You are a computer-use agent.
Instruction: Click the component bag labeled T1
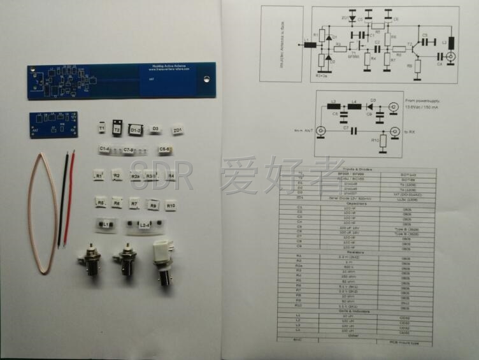(102, 128)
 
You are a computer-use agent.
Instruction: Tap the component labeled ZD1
(178, 131)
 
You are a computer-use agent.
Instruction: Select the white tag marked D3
(155, 129)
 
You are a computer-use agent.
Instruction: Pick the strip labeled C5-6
(164, 150)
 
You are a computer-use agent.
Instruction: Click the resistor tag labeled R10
(171, 206)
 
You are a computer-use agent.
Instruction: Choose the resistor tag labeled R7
(134, 204)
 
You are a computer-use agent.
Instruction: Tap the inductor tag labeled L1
(106, 225)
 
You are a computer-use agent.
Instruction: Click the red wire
(69, 198)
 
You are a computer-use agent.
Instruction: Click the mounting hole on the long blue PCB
(207, 79)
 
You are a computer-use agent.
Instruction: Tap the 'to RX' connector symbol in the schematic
(395, 131)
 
